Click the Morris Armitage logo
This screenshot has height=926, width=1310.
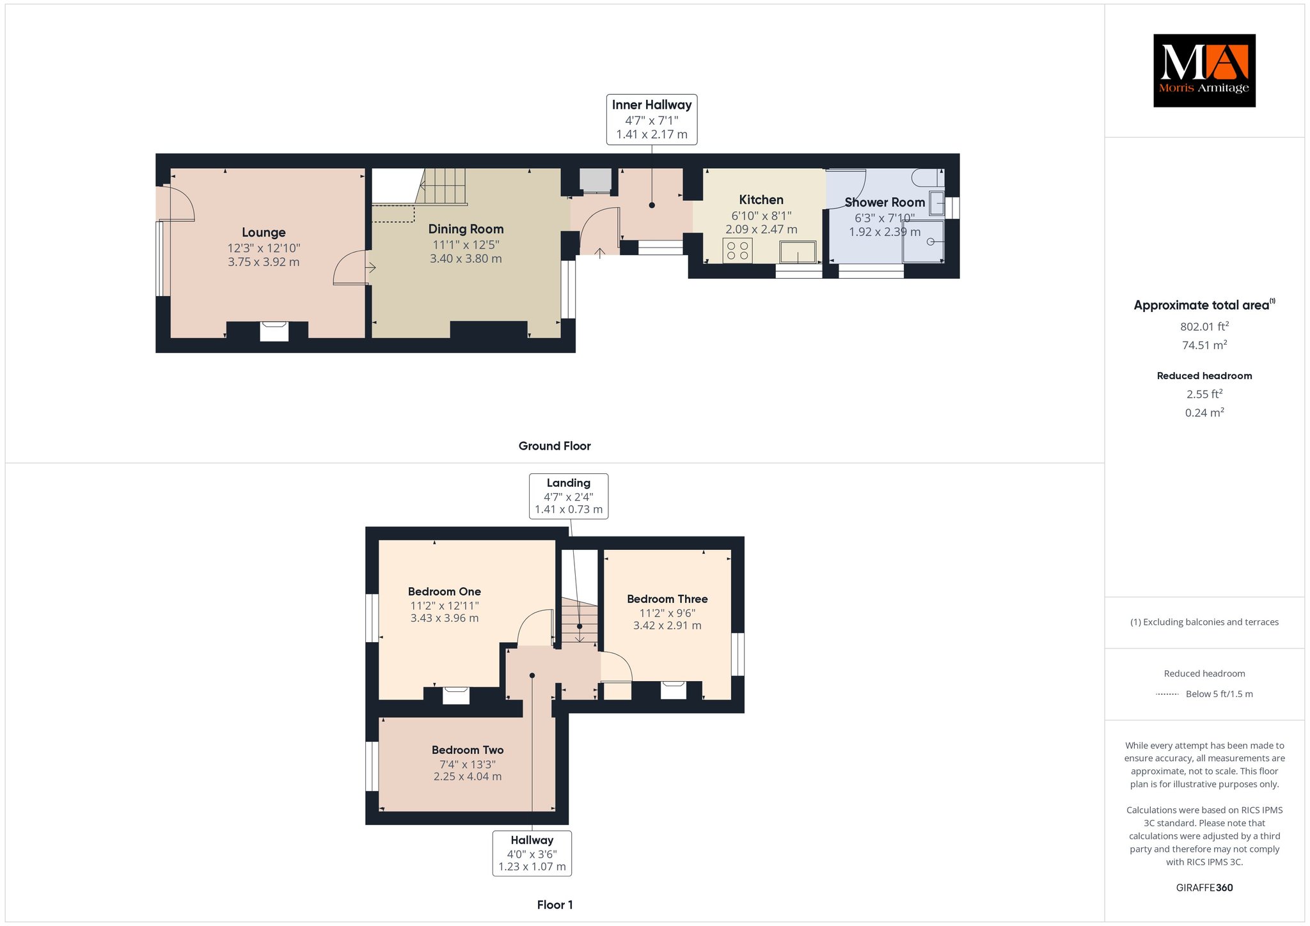point(1204,70)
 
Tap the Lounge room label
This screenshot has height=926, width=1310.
point(264,233)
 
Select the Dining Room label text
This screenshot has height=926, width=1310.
point(466,229)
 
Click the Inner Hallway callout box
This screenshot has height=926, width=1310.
point(652,120)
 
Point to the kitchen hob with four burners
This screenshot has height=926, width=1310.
point(738,250)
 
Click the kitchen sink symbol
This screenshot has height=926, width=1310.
point(798,252)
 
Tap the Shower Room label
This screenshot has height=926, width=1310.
point(885,202)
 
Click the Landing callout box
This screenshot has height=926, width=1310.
point(569,496)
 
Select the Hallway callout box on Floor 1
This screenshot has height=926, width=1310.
point(532,853)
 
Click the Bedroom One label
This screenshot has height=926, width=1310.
point(445,592)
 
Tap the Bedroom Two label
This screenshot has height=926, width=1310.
point(468,750)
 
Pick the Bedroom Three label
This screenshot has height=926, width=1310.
point(667,599)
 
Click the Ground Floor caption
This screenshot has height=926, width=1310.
point(555,446)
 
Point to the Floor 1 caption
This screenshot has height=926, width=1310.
point(555,905)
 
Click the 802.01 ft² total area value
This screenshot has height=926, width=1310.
point(1204,326)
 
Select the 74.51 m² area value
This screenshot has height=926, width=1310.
point(1204,345)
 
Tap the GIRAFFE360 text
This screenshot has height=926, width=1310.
point(1204,888)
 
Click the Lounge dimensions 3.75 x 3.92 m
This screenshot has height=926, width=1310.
point(264,262)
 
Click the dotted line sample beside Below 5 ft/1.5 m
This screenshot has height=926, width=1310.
point(1167,694)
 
